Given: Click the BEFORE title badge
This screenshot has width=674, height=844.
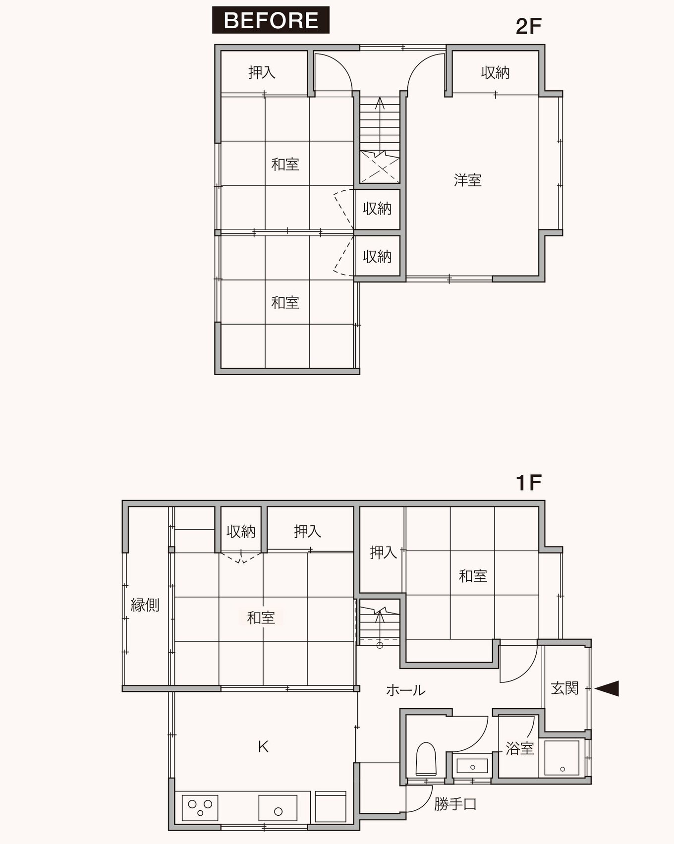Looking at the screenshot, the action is coord(271,20).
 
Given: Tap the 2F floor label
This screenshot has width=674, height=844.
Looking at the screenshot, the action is coord(529,26).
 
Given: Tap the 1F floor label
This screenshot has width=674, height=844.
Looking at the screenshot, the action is coord(528,482).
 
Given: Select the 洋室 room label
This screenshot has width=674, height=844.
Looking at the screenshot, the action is coord(468,180).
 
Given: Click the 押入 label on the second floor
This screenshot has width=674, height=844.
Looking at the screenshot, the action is coord(262,73).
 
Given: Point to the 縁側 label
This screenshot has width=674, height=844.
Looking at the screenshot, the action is coord(145,605).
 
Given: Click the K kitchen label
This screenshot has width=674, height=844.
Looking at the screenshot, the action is coord(263,746).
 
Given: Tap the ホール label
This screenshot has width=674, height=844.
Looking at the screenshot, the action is coord(405,690).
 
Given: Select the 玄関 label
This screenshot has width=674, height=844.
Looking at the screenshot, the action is coord(564,688).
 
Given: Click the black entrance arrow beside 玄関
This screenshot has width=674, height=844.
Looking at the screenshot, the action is coord(607,688).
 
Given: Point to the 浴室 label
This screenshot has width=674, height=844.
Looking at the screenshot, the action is coord(519,748).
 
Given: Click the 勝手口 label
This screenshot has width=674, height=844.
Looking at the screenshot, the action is coord(455,804).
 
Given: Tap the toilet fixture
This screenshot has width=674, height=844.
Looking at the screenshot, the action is coord(426,759).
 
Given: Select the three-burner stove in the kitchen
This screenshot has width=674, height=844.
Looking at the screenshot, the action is coord(200,808).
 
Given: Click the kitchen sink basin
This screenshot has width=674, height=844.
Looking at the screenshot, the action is coord(278,808).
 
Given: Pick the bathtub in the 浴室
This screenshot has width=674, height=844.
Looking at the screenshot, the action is coord(562,758).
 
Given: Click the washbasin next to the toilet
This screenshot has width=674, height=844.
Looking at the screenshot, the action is coord(472,766).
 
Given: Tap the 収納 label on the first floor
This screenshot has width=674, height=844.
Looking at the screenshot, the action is coord(241,532).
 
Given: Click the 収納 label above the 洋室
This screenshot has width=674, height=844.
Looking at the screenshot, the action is coord(495,73).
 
